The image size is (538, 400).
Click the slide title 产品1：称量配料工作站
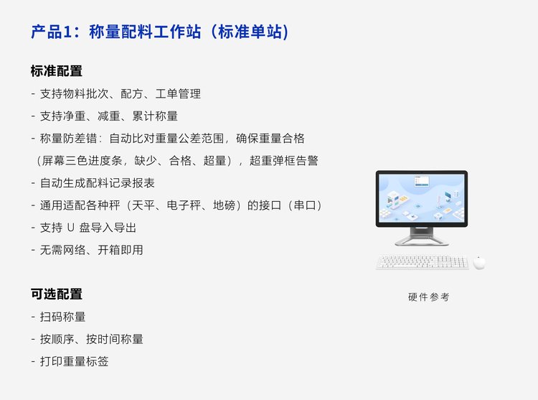(116, 32)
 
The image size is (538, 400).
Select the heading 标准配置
(57, 71)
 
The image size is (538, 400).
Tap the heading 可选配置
(57, 294)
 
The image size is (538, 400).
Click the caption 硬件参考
(428, 297)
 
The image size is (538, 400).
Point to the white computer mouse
(479, 262)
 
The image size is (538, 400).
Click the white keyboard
(423, 262)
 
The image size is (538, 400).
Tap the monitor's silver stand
(422, 236)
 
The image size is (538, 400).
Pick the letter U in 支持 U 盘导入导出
(71, 228)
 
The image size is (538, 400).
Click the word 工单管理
(178, 94)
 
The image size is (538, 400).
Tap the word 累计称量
(155, 116)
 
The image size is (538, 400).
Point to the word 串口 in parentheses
(305, 205)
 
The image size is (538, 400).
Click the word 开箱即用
(121, 250)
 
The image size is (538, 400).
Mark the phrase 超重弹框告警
(284, 161)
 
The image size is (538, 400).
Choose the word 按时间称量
(115, 339)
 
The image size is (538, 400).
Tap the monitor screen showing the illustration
(422, 198)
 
